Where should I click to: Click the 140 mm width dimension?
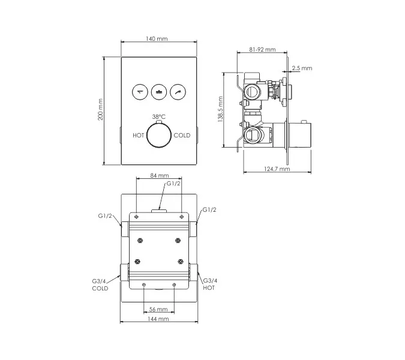pos(157,39)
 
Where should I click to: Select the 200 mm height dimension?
pos(100,109)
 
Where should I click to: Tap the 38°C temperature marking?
pos(159,117)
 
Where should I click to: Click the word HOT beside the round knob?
pos(139,136)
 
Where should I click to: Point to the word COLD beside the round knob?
pos(182,136)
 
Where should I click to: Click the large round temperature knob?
pos(159,136)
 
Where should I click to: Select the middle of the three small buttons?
pos(159,92)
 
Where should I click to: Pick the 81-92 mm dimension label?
pos(262,49)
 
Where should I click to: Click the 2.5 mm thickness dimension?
pos(302,68)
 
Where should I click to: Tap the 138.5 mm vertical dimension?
pos(220,109)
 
